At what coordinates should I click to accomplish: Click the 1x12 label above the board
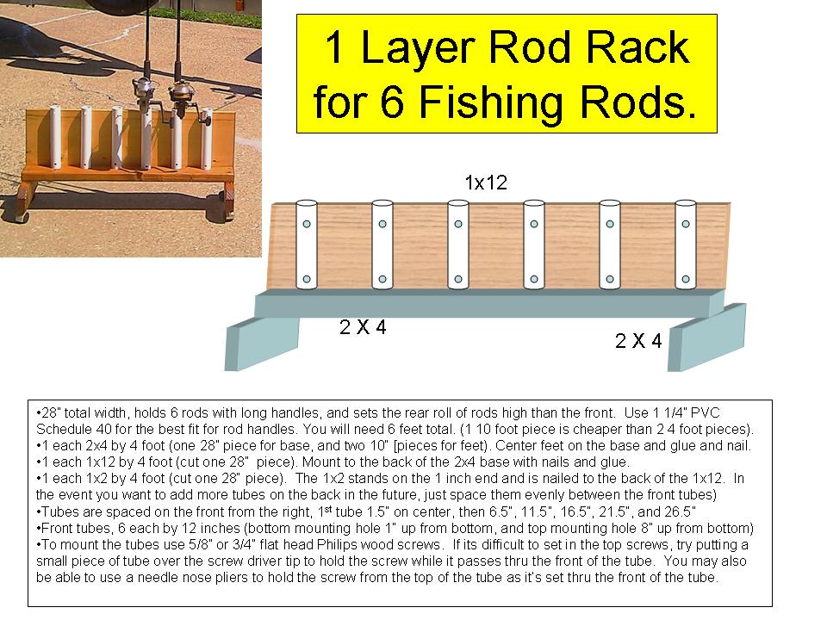coord(484,183)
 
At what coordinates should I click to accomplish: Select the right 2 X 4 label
coord(638,341)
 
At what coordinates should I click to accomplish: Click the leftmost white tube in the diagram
coord(306,245)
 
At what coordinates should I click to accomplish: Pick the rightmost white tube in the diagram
coord(686,245)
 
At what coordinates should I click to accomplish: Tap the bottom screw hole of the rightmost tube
coord(686,279)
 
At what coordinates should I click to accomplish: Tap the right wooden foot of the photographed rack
coord(226,195)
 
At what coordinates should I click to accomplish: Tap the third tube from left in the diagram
coord(457,245)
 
